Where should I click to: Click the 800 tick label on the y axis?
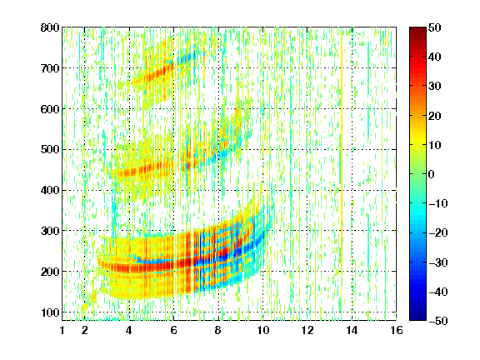[50, 27]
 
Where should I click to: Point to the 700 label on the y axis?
[50, 68]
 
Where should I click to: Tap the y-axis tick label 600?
[50, 109]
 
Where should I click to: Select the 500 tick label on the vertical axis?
[50, 150]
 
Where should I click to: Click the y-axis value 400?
[50, 190]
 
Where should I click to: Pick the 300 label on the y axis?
[50, 231]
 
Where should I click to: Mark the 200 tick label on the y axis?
[50, 272]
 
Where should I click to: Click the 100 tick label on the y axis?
[50, 312]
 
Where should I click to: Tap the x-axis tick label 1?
[62, 330]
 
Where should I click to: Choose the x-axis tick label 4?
[129, 330]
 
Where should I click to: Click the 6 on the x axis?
[173, 330]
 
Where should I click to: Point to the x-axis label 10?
[262, 330]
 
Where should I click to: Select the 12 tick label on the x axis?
[307, 330]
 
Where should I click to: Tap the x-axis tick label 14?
[352, 330]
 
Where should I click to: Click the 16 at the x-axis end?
[397, 330]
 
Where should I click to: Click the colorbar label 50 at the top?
[434, 27]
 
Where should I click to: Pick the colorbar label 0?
[432, 174]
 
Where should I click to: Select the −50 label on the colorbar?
[438, 321]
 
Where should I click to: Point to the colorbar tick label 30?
[434, 87]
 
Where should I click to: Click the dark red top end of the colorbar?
[417, 29]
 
